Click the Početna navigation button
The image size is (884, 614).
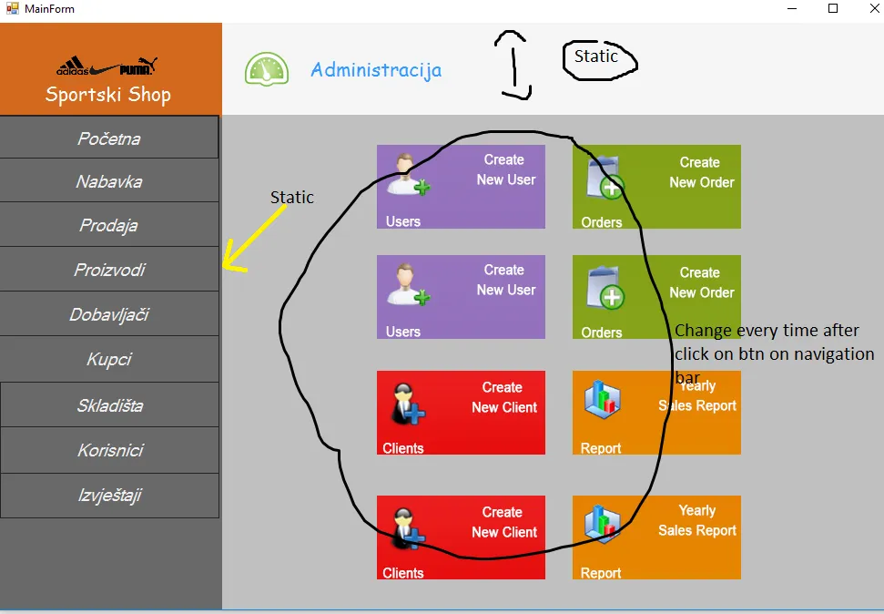[109, 138]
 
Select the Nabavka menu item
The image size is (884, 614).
[109, 181]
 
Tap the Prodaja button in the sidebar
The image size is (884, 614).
[109, 225]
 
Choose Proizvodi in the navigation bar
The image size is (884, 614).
[109, 270]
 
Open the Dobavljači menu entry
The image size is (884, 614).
[109, 314]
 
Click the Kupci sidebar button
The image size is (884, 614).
[109, 359]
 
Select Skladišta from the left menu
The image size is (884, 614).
[109, 405]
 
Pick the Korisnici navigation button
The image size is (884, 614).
[109, 450]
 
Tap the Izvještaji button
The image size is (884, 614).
[109, 496]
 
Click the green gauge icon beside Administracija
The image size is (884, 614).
[266, 70]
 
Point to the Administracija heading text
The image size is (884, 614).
[376, 70]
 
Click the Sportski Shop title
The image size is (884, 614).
[108, 95]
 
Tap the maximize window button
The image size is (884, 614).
[832, 9]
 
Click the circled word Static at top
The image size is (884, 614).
[596, 56]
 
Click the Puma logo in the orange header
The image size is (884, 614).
[139, 67]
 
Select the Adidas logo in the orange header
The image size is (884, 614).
[73, 68]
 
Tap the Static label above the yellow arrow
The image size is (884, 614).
[292, 198]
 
